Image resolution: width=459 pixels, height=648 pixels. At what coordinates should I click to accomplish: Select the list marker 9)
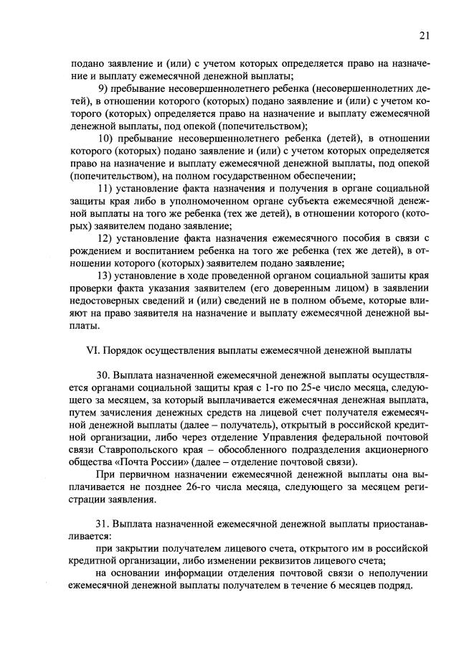tap(102, 88)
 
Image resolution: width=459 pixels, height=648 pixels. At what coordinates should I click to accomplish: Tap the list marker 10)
tap(105, 138)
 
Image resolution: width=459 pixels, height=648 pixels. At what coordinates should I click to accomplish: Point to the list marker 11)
tap(105, 188)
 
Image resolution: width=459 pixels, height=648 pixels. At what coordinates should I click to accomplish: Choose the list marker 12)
tap(105, 238)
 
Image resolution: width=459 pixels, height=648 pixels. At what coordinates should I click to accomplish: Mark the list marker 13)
tap(105, 276)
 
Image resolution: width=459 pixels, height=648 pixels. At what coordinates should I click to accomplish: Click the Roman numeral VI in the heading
tap(91, 350)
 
